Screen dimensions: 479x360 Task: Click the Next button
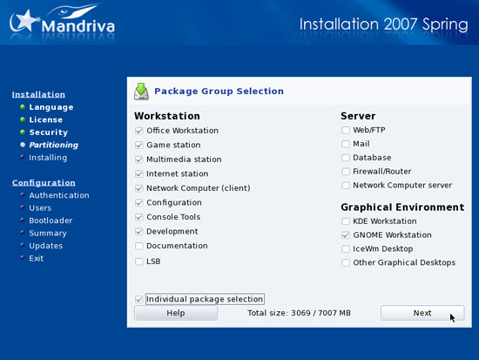click(x=422, y=313)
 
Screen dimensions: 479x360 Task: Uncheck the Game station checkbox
click(x=139, y=145)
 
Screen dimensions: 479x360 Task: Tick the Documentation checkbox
click(x=139, y=246)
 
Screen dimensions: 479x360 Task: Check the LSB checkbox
click(x=139, y=262)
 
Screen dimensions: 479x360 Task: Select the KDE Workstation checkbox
click(x=346, y=221)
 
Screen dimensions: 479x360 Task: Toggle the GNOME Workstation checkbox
click(x=346, y=234)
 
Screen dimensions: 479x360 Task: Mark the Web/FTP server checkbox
click(x=346, y=130)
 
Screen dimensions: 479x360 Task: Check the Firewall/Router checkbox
click(x=346, y=171)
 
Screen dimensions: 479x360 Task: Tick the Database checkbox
click(x=346, y=158)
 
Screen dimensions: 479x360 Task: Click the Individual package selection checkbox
click(x=139, y=299)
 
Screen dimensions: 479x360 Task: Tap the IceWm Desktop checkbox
click(x=346, y=248)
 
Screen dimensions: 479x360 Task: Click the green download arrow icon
click(x=141, y=92)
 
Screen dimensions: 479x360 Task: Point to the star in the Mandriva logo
click(x=25, y=21)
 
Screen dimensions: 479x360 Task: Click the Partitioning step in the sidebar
click(x=53, y=145)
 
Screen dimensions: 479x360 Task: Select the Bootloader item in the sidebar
click(x=51, y=221)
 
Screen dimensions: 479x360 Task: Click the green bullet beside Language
click(x=23, y=106)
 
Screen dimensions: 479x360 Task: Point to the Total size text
click(x=299, y=313)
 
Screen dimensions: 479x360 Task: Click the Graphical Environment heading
click(x=402, y=207)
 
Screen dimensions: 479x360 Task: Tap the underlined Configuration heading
click(x=44, y=182)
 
